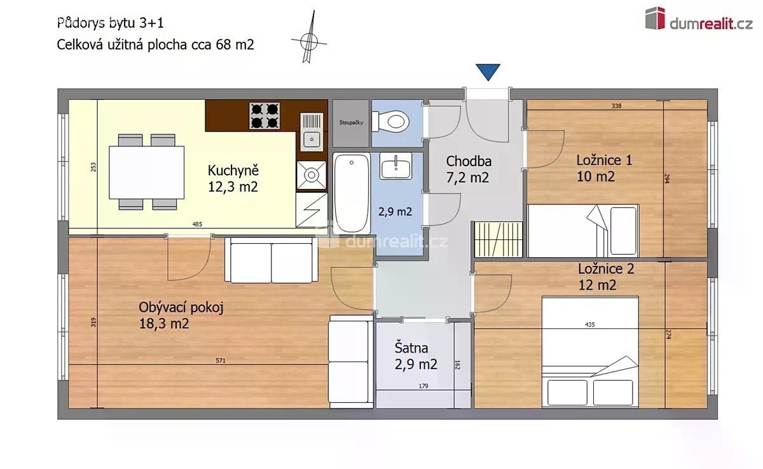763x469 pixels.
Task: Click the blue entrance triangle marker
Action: pos(488,71)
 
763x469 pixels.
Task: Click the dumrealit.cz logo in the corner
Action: pos(698,18)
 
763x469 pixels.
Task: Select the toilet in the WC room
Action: pos(390,122)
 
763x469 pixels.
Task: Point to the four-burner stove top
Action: pos(265,116)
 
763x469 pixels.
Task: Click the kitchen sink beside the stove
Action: pos(312,132)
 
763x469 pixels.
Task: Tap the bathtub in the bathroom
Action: pos(352,193)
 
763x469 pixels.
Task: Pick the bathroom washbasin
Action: pos(395,166)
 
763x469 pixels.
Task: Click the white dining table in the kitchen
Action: pos(146,172)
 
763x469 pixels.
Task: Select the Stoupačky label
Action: pos(351,122)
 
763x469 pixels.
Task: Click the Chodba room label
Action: pos(469,161)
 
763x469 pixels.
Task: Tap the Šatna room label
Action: pos(411,347)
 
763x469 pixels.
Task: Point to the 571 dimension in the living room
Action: pos(221,360)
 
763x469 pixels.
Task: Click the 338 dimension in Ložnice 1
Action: pos(617,106)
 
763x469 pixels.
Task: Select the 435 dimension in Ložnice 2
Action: pos(590,325)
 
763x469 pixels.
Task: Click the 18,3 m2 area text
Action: pos(164,323)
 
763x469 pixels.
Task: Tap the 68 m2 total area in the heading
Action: pos(235,45)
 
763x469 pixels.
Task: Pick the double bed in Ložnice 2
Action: pos(590,352)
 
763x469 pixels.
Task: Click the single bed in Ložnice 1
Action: pos(583,231)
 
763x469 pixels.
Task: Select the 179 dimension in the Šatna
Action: pos(423,386)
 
